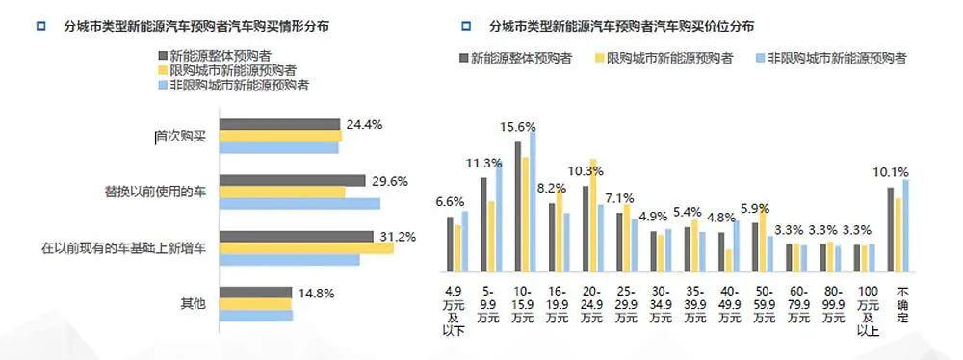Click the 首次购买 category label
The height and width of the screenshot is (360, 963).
[181, 137]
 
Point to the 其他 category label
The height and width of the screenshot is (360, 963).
[194, 304]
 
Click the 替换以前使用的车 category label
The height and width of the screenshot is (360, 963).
[156, 192]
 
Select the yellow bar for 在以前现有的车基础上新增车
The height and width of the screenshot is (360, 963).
[306, 248]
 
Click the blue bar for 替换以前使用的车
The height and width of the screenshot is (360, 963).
[299, 204]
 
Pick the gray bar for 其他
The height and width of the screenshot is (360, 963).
[255, 293]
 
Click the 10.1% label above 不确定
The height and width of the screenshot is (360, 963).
[891, 172]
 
